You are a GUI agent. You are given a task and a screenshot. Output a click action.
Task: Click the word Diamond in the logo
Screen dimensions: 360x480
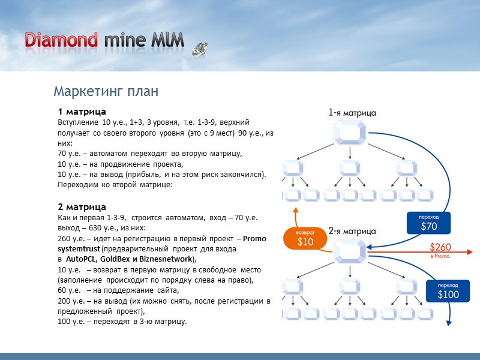[x=61, y=40]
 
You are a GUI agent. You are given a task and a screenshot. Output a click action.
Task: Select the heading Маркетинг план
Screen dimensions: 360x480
[x=106, y=92]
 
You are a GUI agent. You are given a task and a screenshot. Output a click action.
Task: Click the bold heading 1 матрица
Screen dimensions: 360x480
[x=82, y=112]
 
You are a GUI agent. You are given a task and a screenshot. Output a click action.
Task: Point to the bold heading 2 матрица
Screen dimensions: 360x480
[x=82, y=207]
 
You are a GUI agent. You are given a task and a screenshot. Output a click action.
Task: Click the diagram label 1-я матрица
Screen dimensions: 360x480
[x=352, y=112]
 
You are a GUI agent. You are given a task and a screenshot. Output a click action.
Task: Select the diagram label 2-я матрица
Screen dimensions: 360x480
[x=352, y=230]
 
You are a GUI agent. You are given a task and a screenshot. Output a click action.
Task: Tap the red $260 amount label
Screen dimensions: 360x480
[x=441, y=247]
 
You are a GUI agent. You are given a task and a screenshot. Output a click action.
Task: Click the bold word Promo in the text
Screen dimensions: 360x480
[x=255, y=239]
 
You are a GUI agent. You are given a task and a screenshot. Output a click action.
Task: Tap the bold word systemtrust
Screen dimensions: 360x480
[x=79, y=249]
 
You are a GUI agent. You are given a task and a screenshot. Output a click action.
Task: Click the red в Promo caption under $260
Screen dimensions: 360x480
[x=440, y=257]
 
